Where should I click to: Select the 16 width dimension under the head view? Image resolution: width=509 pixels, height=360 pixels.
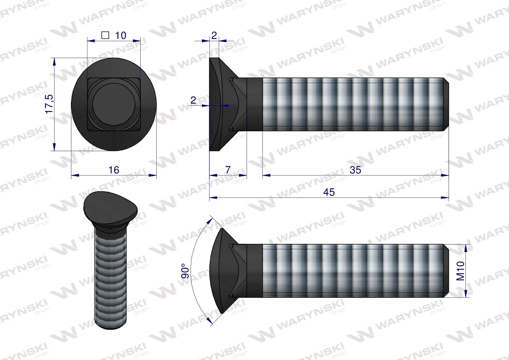(x=114, y=170)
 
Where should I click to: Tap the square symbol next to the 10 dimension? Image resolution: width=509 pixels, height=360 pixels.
(x=105, y=35)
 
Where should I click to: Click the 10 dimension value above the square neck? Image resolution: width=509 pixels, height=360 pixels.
(x=120, y=35)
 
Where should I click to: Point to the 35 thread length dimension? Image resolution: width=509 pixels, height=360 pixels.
(x=355, y=170)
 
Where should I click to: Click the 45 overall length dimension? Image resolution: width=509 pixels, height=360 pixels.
(x=329, y=192)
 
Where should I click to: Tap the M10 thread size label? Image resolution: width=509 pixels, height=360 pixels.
(x=461, y=271)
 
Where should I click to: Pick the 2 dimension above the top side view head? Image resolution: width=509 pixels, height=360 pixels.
(x=214, y=35)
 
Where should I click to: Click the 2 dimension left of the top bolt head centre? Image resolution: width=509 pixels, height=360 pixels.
(x=193, y=100)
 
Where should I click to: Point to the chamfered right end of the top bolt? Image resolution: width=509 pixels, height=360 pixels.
(x=446, y=104)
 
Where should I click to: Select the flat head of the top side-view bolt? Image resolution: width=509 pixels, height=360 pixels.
(x=215, y=104)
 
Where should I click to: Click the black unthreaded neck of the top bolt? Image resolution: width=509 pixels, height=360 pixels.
(x=254, y=104)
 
